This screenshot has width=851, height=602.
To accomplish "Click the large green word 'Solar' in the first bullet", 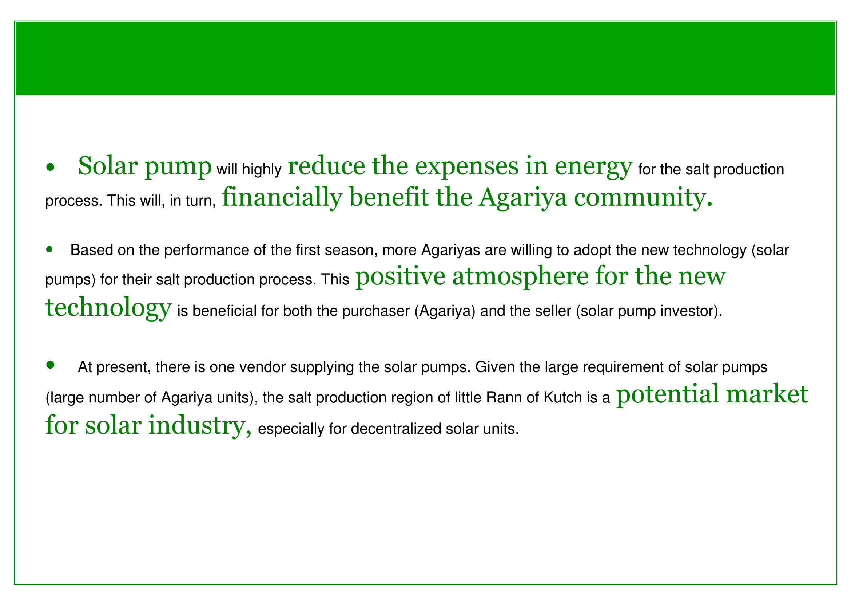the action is tap(108, 165).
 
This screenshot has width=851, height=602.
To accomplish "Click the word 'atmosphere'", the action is tap(520, 278).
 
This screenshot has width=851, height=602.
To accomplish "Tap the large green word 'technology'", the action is tap(108, 308).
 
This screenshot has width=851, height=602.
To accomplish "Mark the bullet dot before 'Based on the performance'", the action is tap(50, 249).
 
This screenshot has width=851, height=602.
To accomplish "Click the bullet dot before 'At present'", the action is tap(50, 365).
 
